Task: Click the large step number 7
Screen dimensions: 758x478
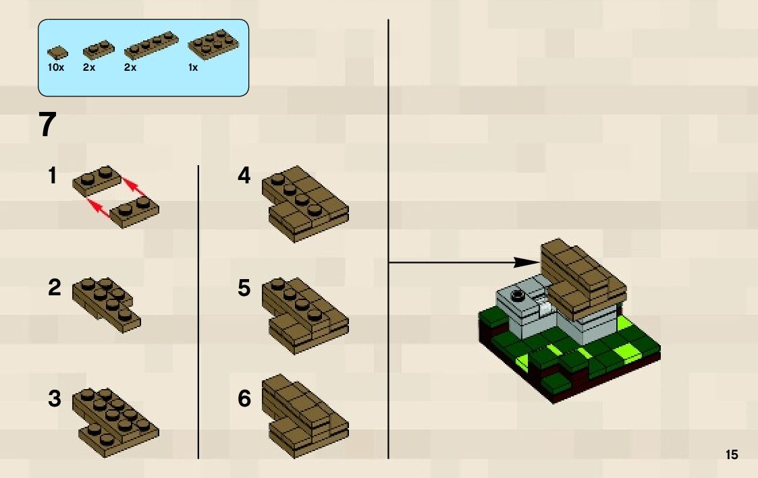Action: [x=47, y=125]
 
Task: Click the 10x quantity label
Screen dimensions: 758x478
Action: [x=55, y=68]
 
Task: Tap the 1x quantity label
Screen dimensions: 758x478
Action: [x=193, y=68]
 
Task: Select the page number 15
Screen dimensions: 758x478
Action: [x=732, y=455]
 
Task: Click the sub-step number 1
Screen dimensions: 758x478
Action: [x=53, y=177]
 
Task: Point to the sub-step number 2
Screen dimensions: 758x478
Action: [x=54, y=288]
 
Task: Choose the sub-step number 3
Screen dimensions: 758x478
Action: [x=54, y=399]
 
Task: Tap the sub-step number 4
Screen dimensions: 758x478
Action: [x=244, y=177]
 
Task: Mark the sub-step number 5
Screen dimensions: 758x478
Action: [x=244, y=288]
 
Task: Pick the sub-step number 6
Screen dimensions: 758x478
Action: [x=244, y=399]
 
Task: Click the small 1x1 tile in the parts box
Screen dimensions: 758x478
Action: [x=57, y=53]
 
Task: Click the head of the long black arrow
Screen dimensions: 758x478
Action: [x=526, y=262]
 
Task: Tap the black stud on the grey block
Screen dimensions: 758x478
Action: [x=518, y=295]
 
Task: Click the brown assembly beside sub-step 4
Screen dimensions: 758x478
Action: [x=304, y=202]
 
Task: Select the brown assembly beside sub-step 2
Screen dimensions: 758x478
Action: [x=106, y=304]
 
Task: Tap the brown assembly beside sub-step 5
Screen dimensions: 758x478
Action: [x=304, y=316]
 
